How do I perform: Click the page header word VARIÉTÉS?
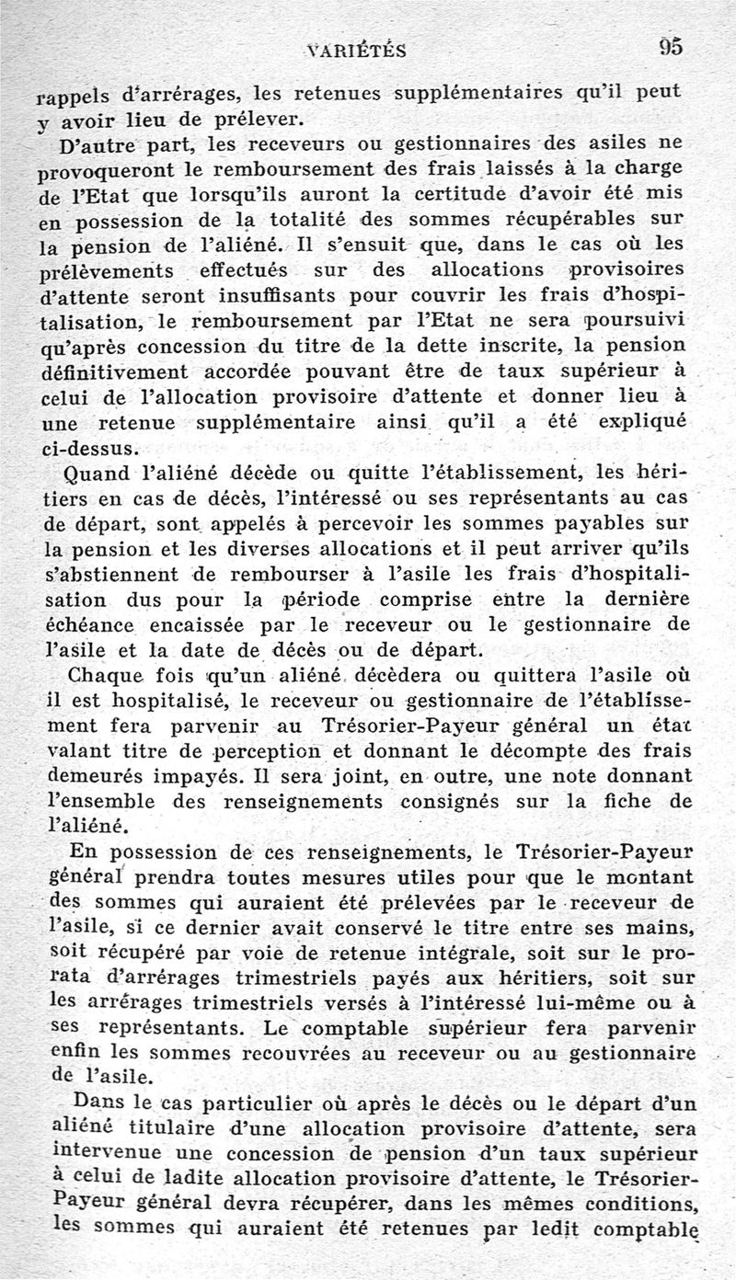(357, 51)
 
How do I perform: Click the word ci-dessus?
(90, 450)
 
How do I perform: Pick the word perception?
(236, 750)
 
